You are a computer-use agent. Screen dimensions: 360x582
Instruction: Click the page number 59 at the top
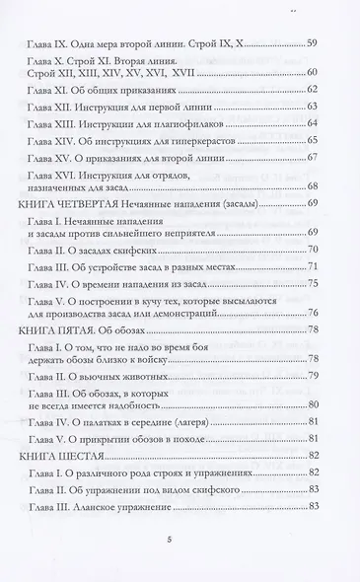pyautogui.click(x=312, y=43)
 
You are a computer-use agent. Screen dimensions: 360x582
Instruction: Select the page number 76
pyautogui.click(x=312, y=314)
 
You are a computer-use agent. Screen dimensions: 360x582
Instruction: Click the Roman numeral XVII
pyautogui.click(x=207, y=74)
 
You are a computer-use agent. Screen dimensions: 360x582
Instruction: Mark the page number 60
pyautogui.click(x=312, y=74)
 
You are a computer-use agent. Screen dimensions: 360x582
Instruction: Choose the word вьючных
pyautogui.click(x=112, y=376)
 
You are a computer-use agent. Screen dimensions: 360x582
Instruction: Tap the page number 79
pyautogui.click(x=312, y=376)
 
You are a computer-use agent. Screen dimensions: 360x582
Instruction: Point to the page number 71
pyautogui.click(x=312, y=267)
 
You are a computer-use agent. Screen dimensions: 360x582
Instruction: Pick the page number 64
pyautogui.click(x=312, y=122)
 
